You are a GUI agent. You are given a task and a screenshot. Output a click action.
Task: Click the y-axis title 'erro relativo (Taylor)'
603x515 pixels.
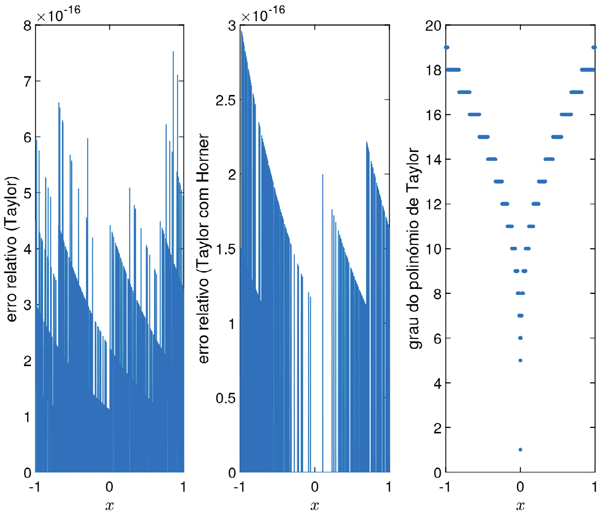point(12,248)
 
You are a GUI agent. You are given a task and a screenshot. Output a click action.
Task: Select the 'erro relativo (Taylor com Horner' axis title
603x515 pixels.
point(203,248)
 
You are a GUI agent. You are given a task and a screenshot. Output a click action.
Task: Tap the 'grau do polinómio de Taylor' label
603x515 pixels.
point(415,248)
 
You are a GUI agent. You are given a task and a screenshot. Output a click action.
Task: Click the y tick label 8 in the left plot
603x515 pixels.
point(27,26)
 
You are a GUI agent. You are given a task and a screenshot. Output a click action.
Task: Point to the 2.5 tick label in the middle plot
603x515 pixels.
point(226,100)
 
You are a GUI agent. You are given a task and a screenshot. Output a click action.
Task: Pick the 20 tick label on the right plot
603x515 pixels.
point(434,26)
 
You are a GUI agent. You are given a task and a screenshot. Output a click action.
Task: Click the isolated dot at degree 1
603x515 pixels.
point(520,450)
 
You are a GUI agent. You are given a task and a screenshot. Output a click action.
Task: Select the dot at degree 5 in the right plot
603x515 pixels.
point(520,360)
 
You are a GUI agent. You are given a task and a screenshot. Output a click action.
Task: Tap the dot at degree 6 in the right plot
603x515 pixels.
point(520,338)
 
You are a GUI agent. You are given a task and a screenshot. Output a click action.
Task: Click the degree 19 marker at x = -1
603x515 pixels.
point(447,47)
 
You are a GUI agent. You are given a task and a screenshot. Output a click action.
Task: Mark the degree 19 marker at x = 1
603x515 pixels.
point(594,47)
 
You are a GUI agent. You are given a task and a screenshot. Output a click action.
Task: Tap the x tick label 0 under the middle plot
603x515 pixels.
point(315,487)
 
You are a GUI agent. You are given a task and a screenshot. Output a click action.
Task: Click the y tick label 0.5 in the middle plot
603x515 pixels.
point(226,398)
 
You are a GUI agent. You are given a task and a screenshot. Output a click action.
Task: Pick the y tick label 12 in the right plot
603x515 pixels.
point(434,204)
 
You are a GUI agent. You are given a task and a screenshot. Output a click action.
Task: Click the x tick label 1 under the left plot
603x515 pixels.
point(184,487)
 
